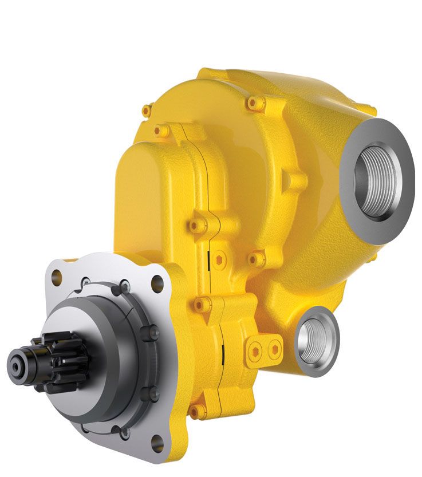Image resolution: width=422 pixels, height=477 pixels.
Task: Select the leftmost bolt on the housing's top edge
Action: tap(148, 109)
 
